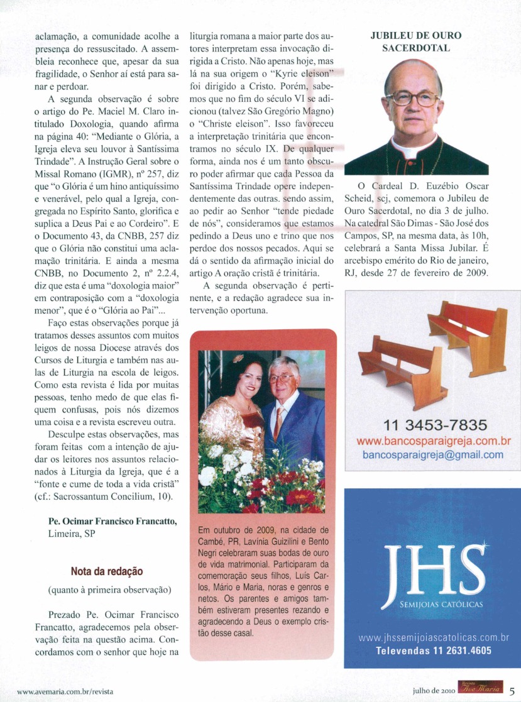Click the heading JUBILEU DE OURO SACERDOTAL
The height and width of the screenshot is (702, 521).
tap(417, 41)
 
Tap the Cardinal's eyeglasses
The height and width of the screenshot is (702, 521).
tap(412, 98)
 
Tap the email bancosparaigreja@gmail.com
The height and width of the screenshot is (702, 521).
tap(432, 455)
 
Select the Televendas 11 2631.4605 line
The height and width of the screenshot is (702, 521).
tap(433, 650)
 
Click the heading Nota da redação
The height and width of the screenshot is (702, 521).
tap(106, 571)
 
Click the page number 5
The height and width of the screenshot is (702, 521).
tap(512, 690)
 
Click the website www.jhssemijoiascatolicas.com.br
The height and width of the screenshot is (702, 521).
tap(433, 638)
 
